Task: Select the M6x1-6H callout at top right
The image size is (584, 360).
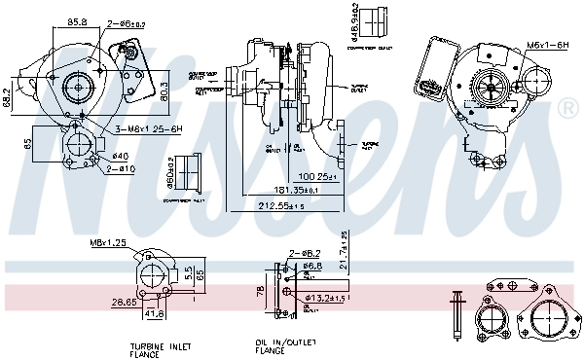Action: (547, 45)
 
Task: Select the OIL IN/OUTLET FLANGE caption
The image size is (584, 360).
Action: (280, 348)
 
